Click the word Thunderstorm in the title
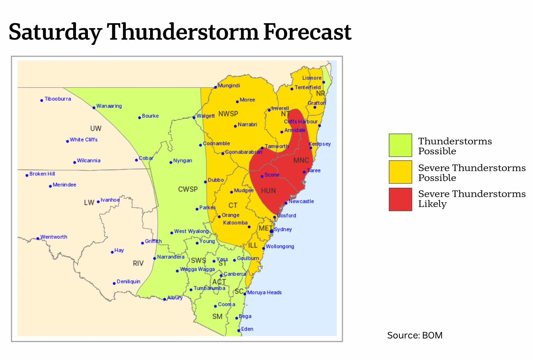click(x=183, y=32)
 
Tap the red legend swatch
click(x=400, y=199)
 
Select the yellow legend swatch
click(x=400, y=172)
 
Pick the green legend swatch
click(x=400, y=145)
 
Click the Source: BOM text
click(x=415, y=335)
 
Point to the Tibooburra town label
click(x=58, y=99)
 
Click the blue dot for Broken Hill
click(x=27, y=175)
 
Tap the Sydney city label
click(x=283, y=229)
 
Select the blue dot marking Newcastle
click(x=286, y=203)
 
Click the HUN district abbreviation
click(x=268, y=191)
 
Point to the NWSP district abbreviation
click(x=228, y=114)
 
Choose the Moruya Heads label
click(x=264, y=292)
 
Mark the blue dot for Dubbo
click(x=205, y=182)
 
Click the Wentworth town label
click(x=54, y=237)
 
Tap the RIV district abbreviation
click(x=138, y=263)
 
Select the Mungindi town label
click(x=229, y=85)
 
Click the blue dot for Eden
click(x=239, y=330)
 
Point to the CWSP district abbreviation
click(x=188, y=189)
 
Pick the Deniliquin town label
click(x=128, y=282)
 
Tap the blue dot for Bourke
click(x=140, y=117)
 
